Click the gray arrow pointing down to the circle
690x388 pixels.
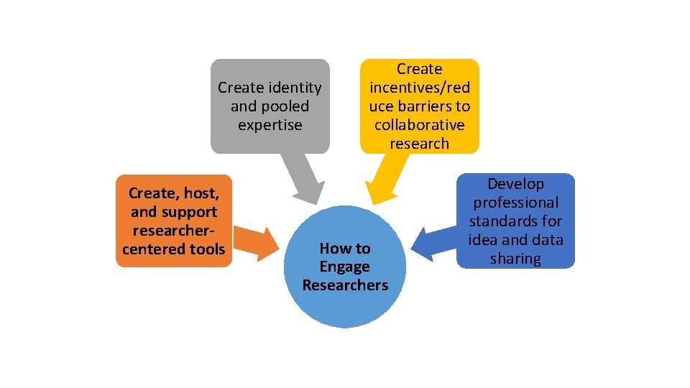coord(303,180)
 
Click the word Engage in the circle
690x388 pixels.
coord(345,267)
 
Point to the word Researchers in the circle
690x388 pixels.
coord(345,285)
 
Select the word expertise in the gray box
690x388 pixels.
coord(270,125)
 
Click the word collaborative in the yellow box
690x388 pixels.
coord(419,125)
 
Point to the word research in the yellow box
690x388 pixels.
coord(419,144)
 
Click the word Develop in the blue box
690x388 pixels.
coord(515,184)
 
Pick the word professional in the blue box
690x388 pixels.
coord(515,203)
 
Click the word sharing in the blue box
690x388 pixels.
coord(515,259)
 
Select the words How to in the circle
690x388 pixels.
coord(345,249)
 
